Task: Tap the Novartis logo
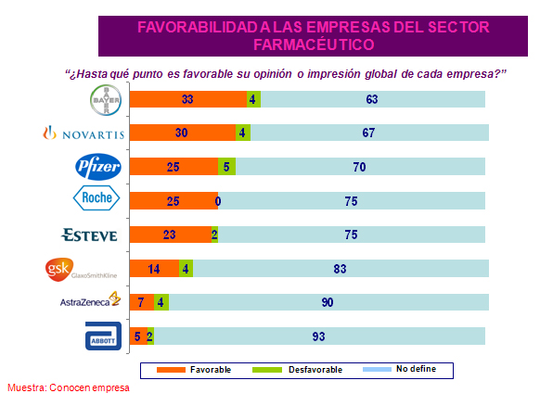81,133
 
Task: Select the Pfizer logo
96,167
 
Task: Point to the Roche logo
96,200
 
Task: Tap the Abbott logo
99,335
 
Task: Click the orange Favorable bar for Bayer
188,99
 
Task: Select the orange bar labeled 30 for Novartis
183,133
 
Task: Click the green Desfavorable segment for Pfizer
227,167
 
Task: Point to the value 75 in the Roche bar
350,200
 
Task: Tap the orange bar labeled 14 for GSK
155,269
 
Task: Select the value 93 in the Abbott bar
320,336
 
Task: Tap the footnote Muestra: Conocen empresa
69,387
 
